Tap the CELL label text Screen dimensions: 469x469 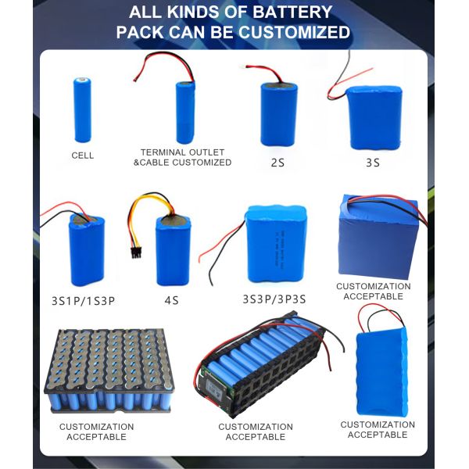82,156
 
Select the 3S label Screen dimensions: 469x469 372,163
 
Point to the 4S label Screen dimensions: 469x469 173,299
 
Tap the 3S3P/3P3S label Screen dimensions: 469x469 275,299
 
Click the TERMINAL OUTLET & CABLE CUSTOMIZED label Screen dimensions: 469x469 182,157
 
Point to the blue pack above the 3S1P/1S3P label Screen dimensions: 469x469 89,250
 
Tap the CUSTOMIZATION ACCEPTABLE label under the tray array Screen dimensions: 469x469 96,431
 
